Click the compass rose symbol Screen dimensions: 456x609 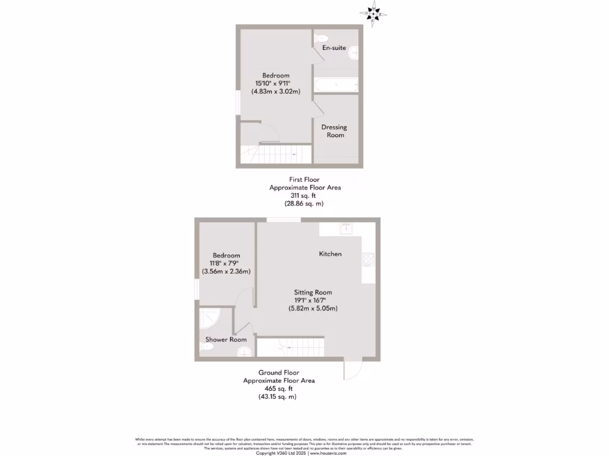point(373,14)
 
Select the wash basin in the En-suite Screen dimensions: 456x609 point(354,52)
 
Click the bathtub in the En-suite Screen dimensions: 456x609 point(336,85)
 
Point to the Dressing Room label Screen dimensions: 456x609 point(334,131)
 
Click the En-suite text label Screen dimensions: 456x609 point(334,47)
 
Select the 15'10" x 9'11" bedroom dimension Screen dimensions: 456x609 point(277,84)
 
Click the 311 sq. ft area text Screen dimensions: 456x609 point(305,195)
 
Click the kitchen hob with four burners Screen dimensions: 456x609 point(368,259)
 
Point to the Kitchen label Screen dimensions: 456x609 point(330,254)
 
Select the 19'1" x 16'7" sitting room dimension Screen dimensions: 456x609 point(313,300)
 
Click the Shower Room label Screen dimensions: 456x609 point(226,340)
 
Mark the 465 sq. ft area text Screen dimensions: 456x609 point(279,388)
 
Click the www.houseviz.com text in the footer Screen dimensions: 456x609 point(328,453)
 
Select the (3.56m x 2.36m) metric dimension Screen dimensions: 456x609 point(225,271)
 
